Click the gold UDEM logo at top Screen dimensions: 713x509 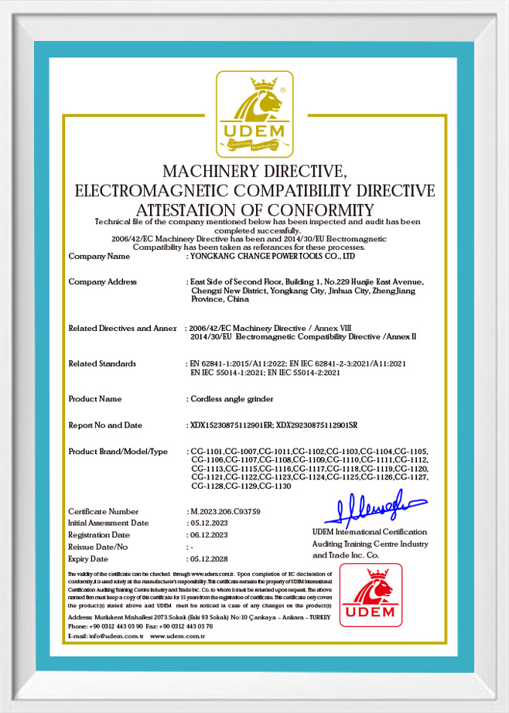[x=254, y=113]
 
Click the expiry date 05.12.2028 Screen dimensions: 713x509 [x=208, y=558]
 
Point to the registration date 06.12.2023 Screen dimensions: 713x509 [x=208, y=534]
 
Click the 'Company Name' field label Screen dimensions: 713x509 [x=99, y=255]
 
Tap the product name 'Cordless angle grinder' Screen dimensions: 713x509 [x=230, y=399]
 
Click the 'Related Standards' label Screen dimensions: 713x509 [x=102, y=363]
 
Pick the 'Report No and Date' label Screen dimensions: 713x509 [x=106, y=425]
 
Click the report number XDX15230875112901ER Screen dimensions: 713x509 [x=231, y=425]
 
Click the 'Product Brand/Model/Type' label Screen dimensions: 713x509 [x=118, y=452]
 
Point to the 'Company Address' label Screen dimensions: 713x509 [x=103, y=281]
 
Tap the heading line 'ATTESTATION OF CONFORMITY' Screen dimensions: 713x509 [x=254, y=210]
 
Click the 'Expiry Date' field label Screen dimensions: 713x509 [x=88, y=558]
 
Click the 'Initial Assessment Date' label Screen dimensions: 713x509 [x=108, y=523]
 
